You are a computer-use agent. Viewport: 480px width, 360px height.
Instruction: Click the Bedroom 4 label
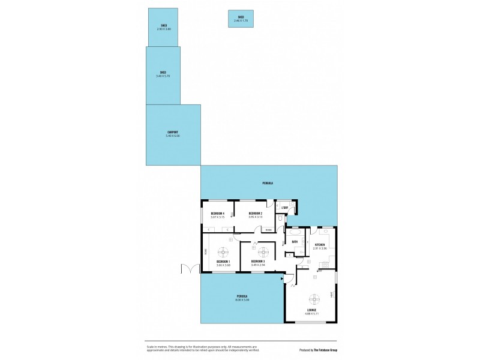(217, 213)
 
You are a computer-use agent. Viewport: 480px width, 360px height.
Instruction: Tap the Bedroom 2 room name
(256, 213)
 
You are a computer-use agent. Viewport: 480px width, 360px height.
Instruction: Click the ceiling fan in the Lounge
(314, 298)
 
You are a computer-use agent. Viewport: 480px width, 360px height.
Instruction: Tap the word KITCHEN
(320, 244)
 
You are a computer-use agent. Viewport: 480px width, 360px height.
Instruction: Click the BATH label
(295, 242)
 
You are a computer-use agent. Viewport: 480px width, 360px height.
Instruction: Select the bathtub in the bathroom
(295, 232)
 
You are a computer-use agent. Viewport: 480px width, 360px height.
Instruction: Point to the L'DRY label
(286, 208)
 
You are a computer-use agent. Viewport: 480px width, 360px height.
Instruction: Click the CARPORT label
(173, 132)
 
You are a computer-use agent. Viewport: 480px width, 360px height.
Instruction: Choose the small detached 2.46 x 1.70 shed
(241, 19)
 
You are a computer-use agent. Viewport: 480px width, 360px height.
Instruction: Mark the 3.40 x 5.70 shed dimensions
(163, 76)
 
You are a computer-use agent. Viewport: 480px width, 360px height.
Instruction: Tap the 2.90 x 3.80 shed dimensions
(163, 29)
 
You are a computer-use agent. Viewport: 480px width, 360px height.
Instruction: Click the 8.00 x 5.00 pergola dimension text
(242, 299)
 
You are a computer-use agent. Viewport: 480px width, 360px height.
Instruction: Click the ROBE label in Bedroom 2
(268, 230)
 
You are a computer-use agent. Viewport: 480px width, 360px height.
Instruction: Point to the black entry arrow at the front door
(282, 278)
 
